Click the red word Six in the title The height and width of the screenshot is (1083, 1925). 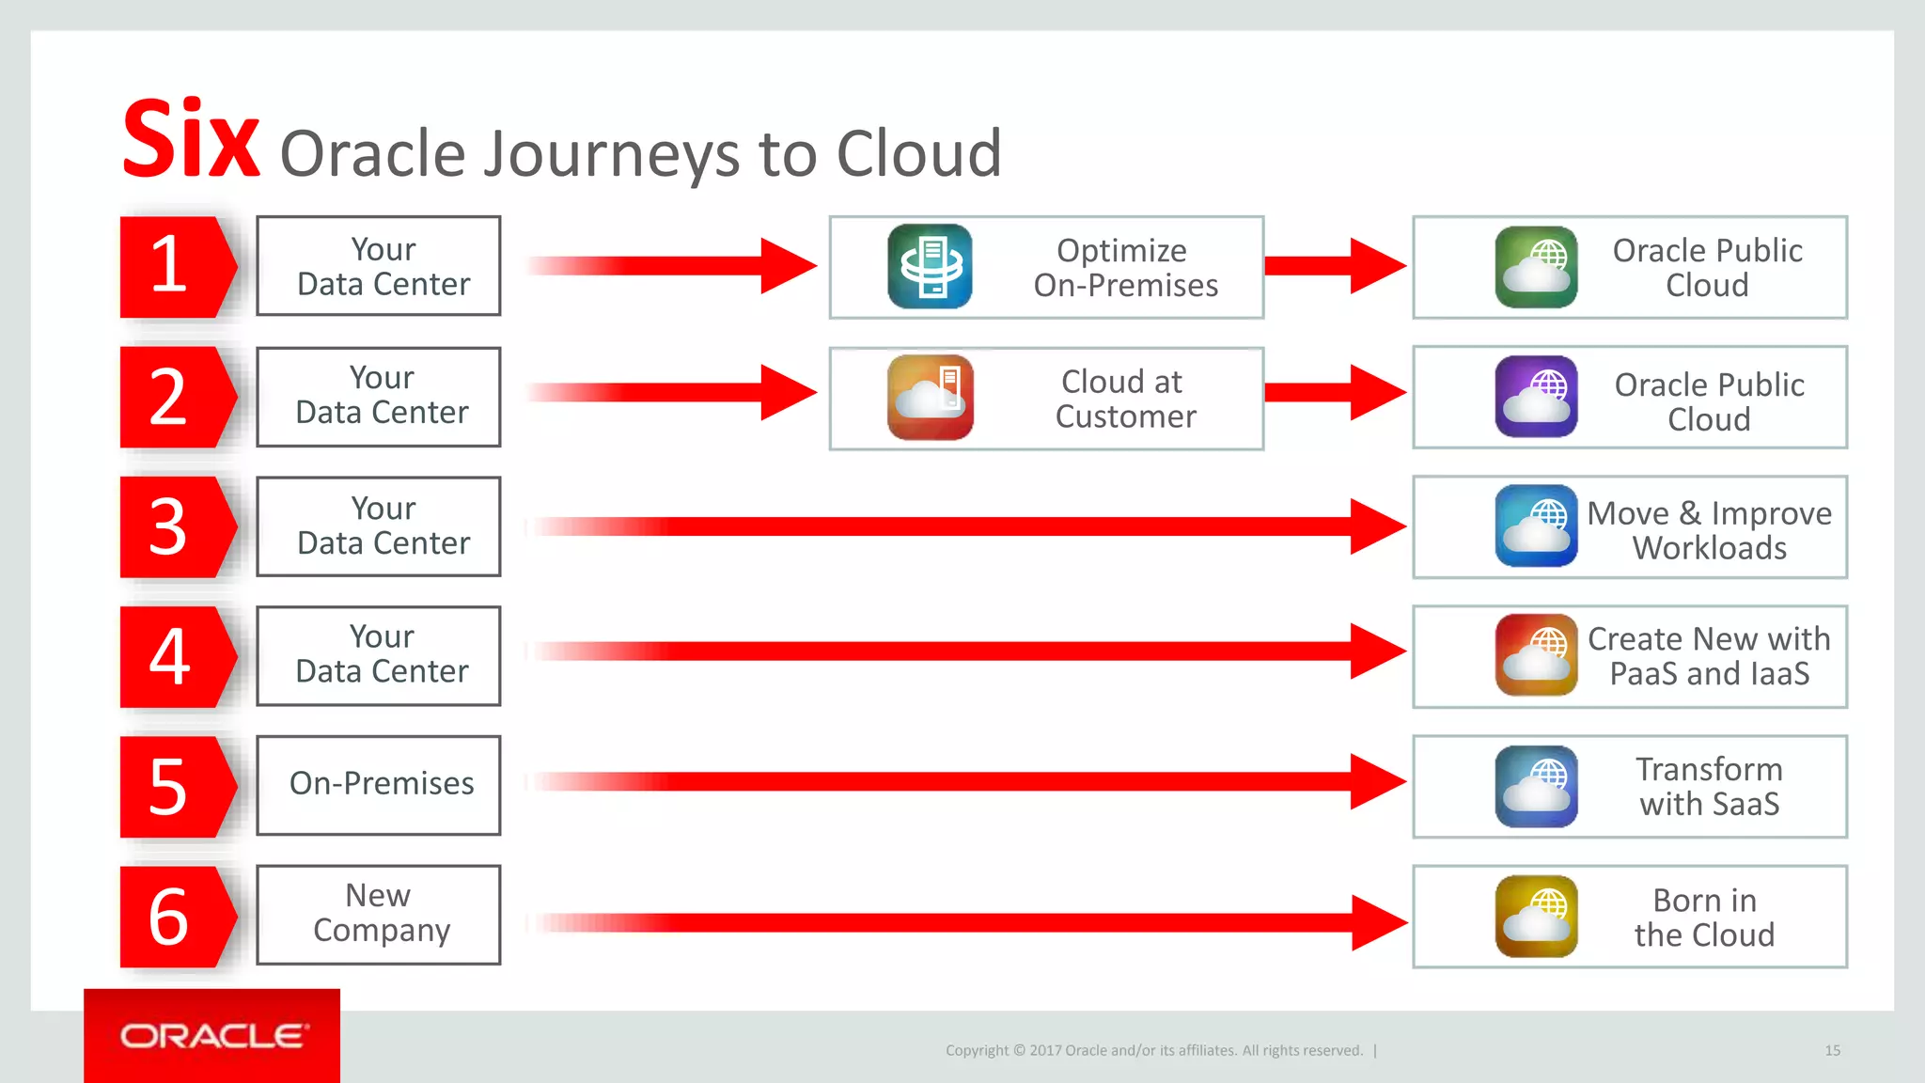(191, 141)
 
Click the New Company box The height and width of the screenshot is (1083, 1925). (379, 914)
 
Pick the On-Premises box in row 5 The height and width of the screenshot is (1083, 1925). (379, 784)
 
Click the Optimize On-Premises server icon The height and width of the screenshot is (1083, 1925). (930, 266)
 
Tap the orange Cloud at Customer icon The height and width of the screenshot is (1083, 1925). (930, 398)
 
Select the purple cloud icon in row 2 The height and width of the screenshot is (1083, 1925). (1536, 396)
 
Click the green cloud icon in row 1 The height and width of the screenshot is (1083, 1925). (1536, 266)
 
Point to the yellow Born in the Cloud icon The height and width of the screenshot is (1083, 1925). (1536, 916)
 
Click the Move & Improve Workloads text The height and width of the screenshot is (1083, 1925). (1709, 530)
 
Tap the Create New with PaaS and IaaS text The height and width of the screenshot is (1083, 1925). (1709, 656)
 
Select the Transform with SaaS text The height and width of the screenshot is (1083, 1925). (1709, 786)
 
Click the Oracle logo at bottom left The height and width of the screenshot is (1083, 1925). (212, 1036)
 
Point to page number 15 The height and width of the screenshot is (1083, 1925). (1832, 1050)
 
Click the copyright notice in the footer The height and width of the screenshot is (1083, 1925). (1153, 1050)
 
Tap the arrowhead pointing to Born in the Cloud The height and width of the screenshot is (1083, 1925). (1379, 923)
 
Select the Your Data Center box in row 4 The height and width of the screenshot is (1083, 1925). (379, 655)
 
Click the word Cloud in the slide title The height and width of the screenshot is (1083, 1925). (918, 153)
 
